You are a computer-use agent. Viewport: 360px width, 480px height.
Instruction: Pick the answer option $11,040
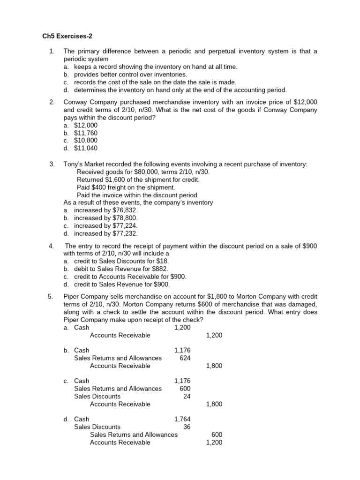click(87, 149)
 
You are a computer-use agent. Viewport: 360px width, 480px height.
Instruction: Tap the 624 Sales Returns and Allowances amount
click(185, 358)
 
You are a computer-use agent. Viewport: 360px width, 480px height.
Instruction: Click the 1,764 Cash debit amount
click(182, 419)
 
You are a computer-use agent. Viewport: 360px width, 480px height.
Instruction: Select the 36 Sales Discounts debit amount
click(187, 427)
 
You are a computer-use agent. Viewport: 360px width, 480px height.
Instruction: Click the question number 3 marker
click(52, 164)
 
